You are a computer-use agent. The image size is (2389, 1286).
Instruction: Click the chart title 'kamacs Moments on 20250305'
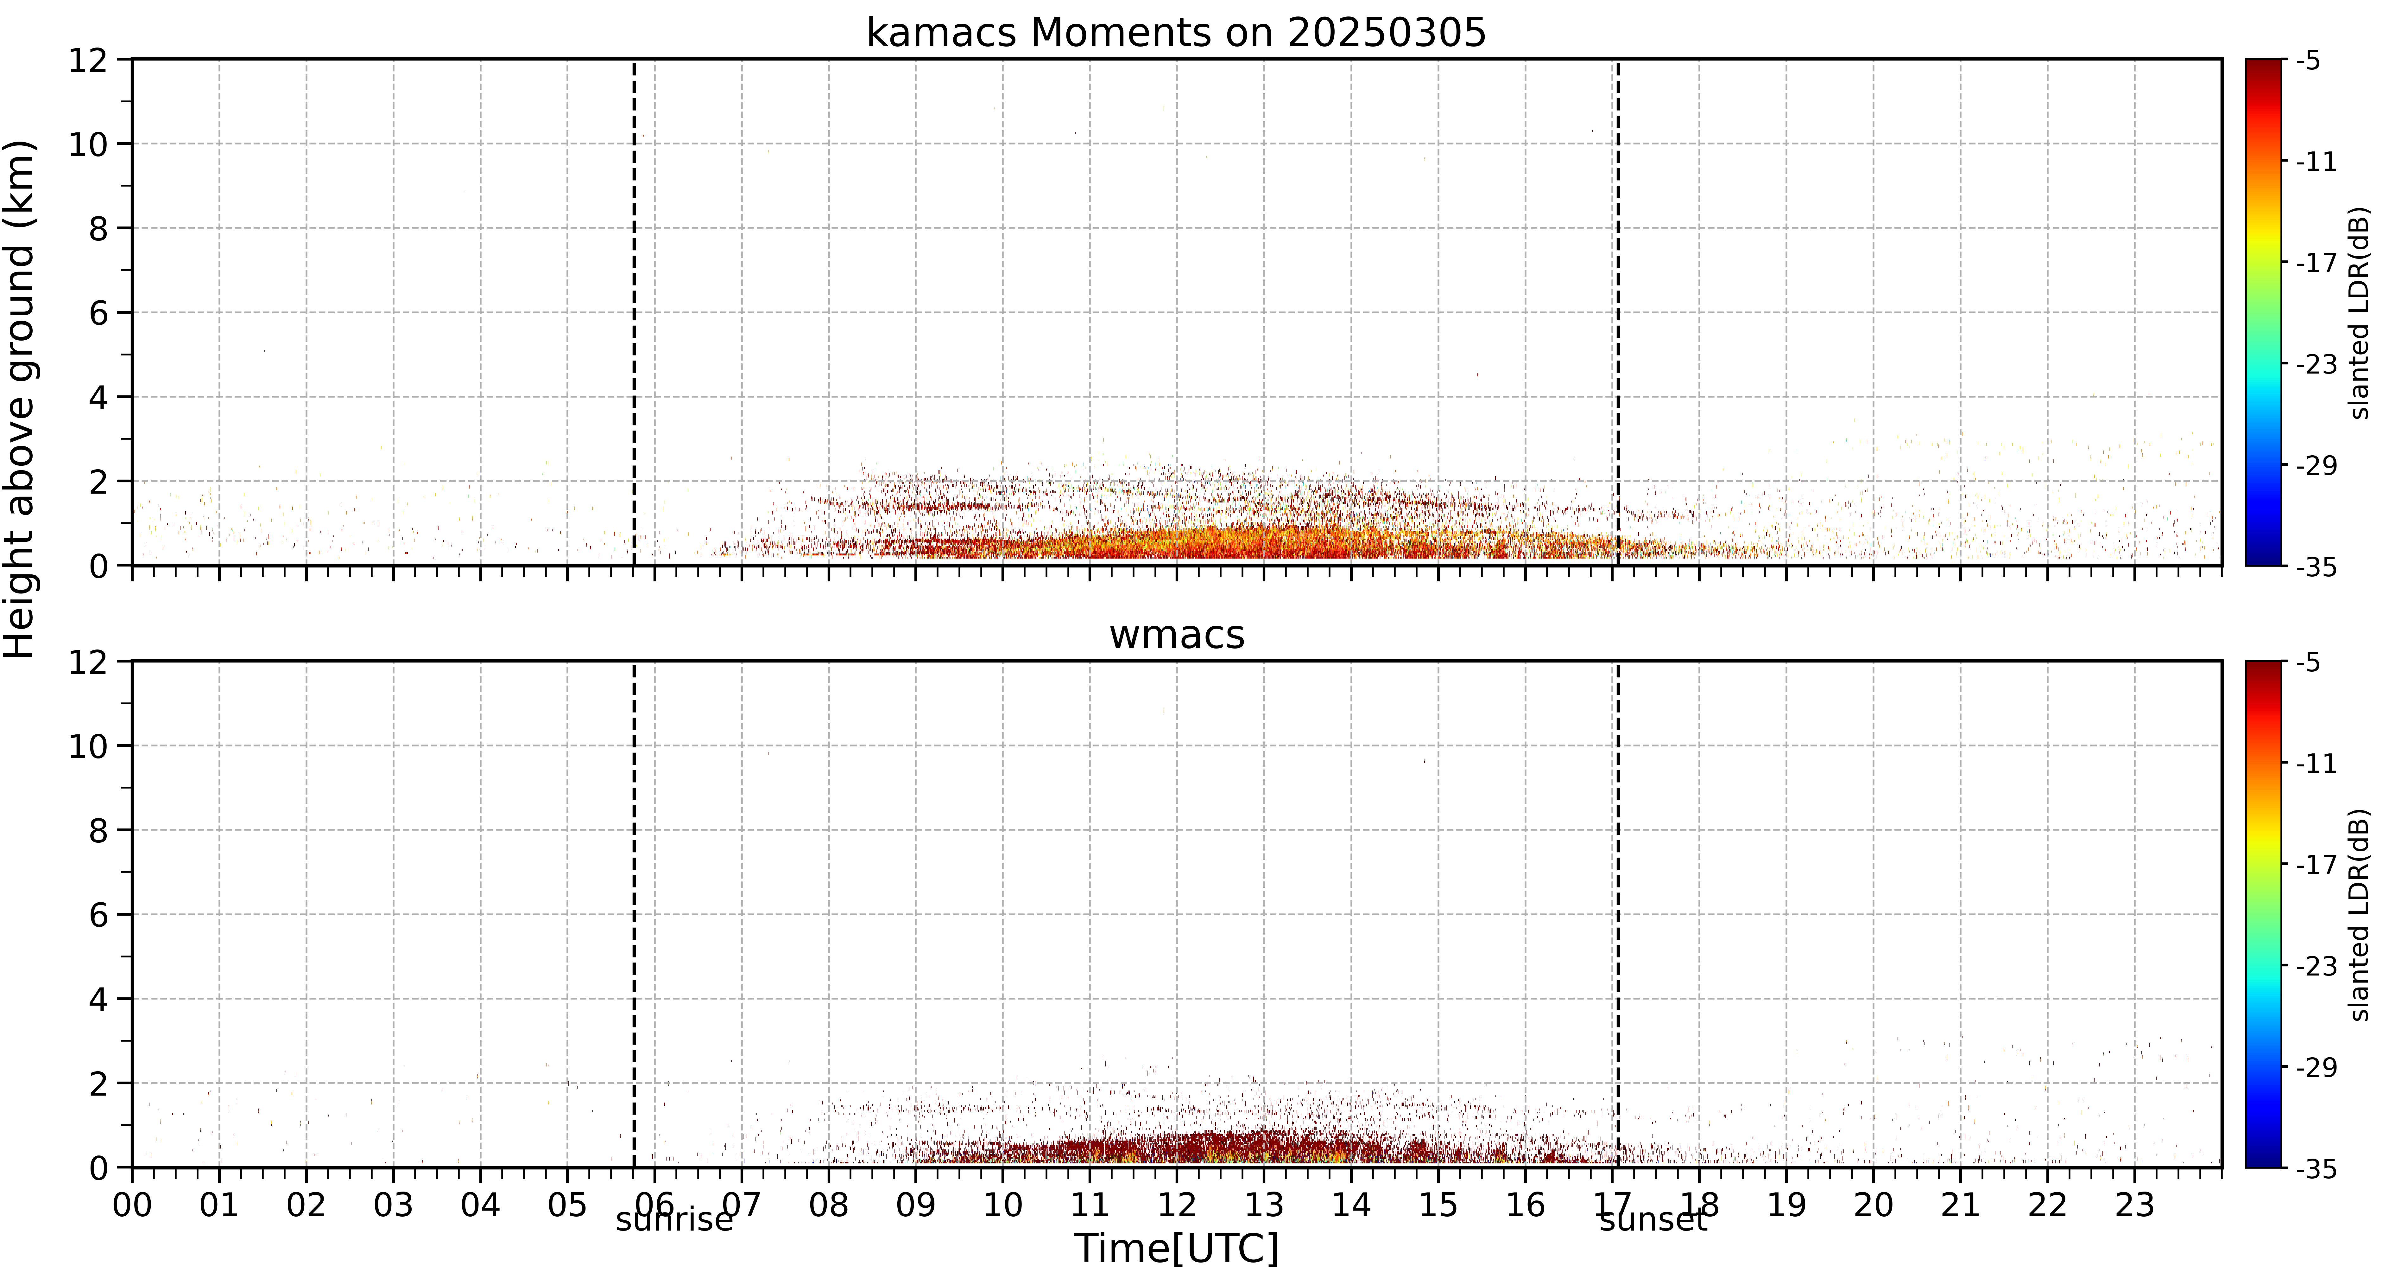pos(1176,33)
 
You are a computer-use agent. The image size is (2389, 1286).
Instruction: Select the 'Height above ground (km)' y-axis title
pos(20,399)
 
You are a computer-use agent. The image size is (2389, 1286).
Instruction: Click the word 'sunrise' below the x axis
pos(674,1219)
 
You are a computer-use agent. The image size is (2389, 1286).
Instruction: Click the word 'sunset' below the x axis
pos(1653,1219)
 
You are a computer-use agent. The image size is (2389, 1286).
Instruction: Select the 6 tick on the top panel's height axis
pos(98,313)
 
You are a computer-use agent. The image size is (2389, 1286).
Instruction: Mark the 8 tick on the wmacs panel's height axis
pos(98,830)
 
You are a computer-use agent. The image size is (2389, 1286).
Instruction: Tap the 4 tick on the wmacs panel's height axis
pos(98,999)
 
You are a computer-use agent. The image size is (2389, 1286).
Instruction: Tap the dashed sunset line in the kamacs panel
pos(1618,313)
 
